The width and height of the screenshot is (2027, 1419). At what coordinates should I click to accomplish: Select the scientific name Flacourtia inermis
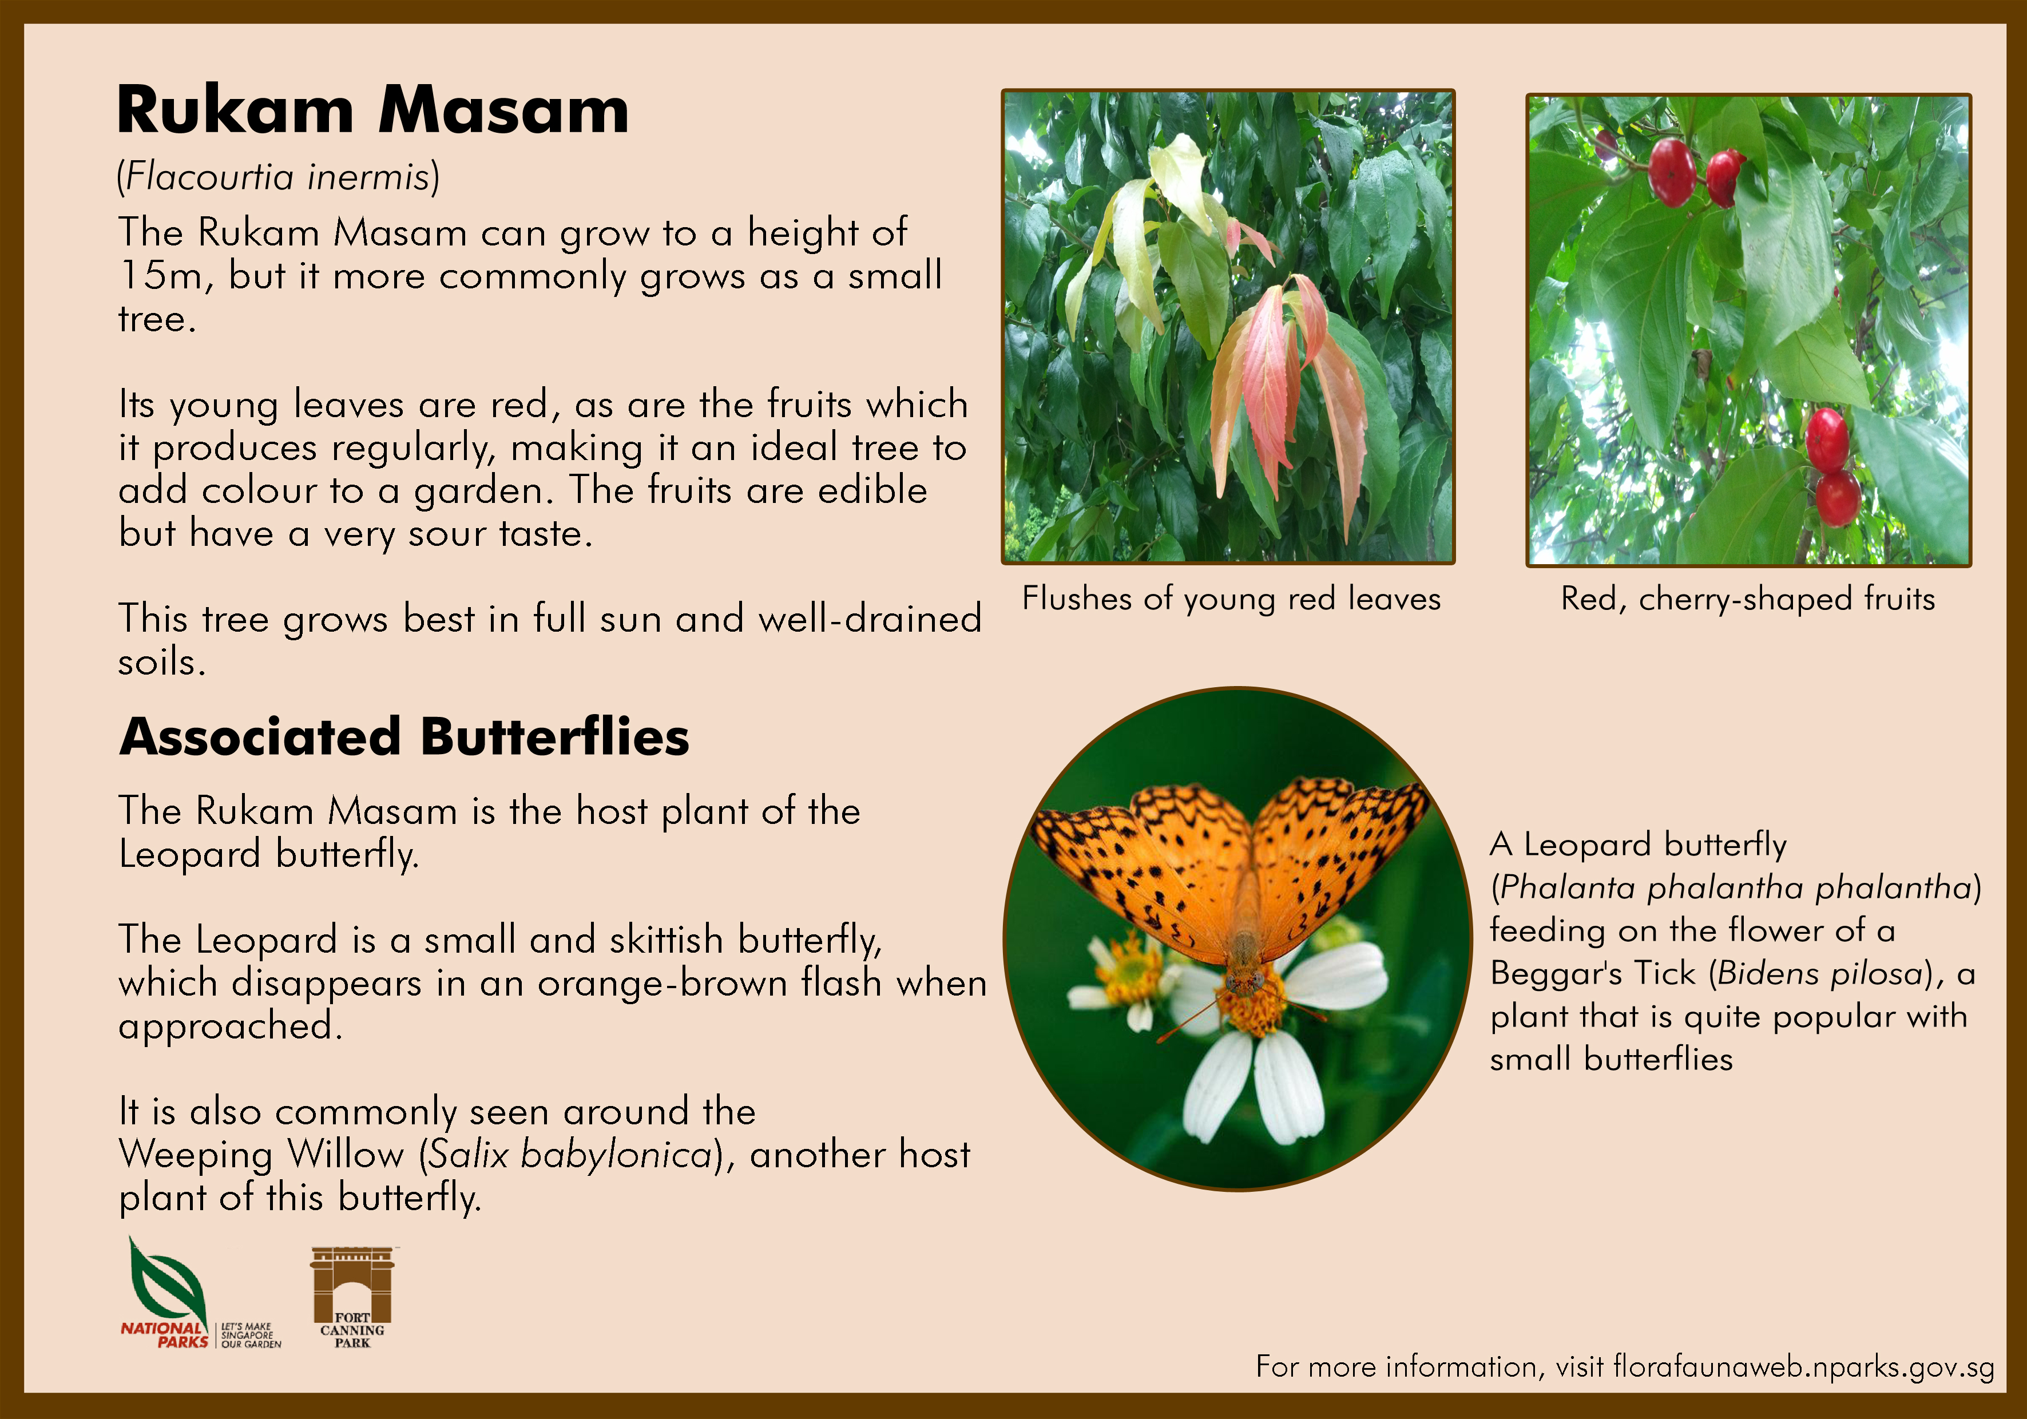coord(277,177)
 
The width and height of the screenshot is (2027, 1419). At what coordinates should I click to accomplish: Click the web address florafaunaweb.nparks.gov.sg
coord(1803,1367)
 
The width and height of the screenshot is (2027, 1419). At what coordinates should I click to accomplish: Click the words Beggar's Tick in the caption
coord(1593,973)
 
